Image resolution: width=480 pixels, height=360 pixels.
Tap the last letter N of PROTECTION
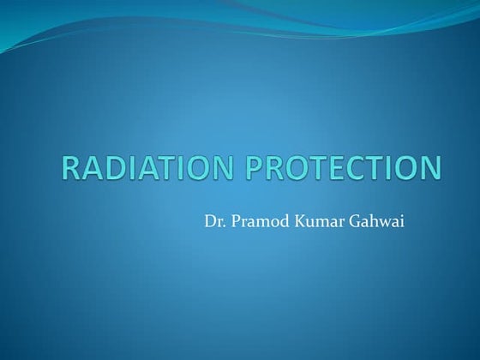pos(434,168)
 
